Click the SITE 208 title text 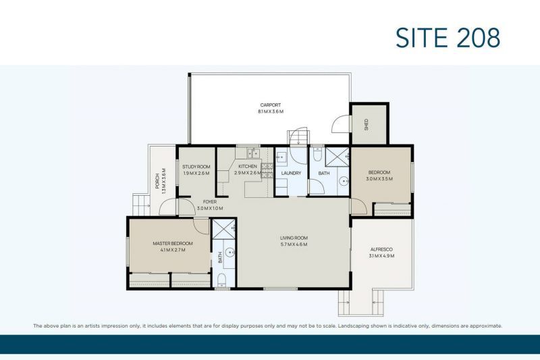(448, 37)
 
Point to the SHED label (367, 125)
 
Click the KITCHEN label (247, 166)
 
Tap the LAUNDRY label (291, 174)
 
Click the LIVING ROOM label (294, 238)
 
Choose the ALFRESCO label (381, 249)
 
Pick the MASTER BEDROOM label (173, 243)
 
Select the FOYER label (210, 201)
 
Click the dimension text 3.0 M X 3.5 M (379, 180)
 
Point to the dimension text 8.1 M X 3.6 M (270, 111)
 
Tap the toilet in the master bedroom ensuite (222, 280)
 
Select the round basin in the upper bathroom (342, 181)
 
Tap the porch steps (140, 204)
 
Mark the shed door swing (340, 124)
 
